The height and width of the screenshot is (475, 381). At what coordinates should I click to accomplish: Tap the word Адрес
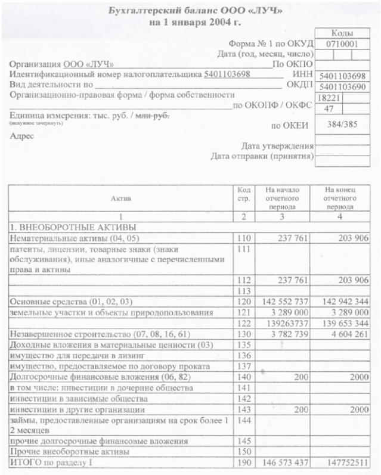[23, 135]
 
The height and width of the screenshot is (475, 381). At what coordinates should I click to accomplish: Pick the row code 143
[241, 411]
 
